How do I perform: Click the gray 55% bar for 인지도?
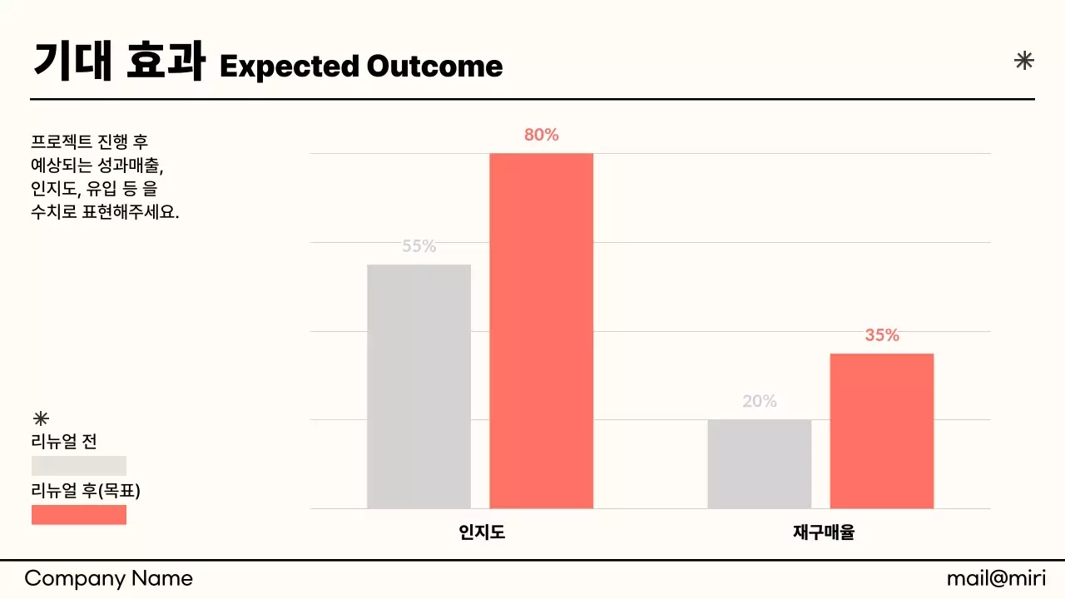click(x=419, y=386)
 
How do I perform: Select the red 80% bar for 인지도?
click(x=541, y=330)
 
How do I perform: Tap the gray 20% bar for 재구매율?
click(x=759, y=463)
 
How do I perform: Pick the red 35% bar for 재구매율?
click(x=882, y=430)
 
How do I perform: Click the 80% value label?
click(x=541, y=135)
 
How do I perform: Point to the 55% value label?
click(x=419, y=246)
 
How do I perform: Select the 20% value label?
click(x=759, y=401)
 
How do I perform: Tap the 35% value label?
click(x=882, y=335)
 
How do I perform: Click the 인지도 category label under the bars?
click(x=482, y=532)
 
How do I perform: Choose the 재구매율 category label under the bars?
click(x=823, y=532)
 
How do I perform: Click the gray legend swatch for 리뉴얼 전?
click(x=79, y=466)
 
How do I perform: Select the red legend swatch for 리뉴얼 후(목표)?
click(x=79, y=515)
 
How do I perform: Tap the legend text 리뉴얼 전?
click(x=64, y=442)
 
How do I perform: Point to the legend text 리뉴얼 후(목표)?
click(x=86, y=491)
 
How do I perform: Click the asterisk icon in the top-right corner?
click(x=1024, y=60)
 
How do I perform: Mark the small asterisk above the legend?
click(x=40, y=418)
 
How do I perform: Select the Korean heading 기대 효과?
click(x=119, y=62)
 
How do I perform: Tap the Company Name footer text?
click(x=108, y=579)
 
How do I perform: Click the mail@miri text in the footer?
click(x=996, y=579)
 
